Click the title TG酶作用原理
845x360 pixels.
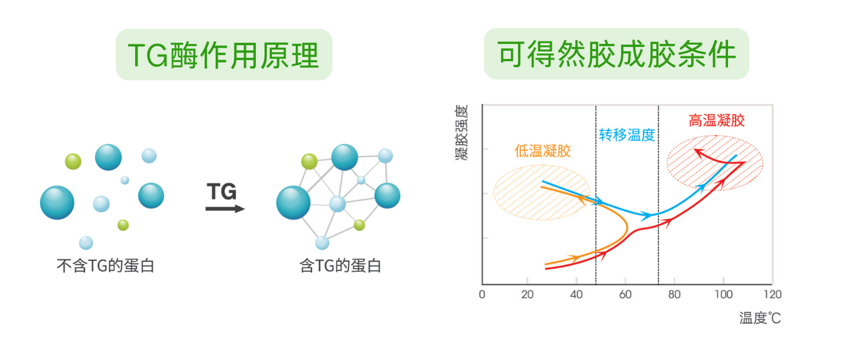223,55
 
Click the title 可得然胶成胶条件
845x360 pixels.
617,54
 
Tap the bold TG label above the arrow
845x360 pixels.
222,192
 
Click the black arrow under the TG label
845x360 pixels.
225,208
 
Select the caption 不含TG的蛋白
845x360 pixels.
105,265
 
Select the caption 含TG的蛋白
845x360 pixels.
340,265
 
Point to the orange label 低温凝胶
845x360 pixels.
543,151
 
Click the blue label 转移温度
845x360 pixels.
627,135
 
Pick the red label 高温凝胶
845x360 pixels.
716,120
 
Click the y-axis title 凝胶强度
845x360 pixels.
461,133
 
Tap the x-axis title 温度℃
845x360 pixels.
760,318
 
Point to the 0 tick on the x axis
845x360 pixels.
482,294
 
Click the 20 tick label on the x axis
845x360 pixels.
528,294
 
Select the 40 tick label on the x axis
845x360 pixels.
576,294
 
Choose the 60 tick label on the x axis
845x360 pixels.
625,294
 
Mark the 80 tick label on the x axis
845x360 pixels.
675,294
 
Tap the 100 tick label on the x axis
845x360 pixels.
724,294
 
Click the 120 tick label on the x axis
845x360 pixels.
772,294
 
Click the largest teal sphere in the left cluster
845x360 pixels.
57,203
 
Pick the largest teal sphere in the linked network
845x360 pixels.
293,203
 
